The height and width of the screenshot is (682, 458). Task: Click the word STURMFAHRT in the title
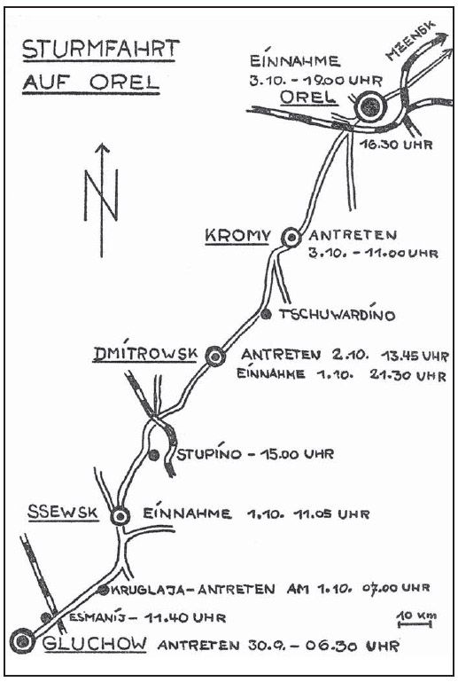coord(100,49)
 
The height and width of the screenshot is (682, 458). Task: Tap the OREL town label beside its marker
coord(309,97)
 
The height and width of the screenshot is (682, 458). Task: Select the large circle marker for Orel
coord(370,106)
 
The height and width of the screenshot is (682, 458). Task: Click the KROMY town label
coord(237,236)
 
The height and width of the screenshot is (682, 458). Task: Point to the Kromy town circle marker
coord(291,238)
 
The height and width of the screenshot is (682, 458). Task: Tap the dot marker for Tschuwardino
coord(267,314)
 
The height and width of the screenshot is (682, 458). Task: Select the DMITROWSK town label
coord(145,354)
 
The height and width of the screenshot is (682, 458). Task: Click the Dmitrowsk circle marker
coord(215,357)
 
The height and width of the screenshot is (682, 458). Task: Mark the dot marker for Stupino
coord(153,455)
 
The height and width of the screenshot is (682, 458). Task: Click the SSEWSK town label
coord(63,513)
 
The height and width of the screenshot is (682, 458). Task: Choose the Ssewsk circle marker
coord(120,516)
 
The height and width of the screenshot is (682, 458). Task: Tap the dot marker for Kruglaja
coord(103,591)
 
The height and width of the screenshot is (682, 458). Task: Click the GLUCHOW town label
coord(95,644)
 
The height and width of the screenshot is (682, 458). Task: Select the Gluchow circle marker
coord(22,640)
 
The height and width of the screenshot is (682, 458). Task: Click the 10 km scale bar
coord(415,624)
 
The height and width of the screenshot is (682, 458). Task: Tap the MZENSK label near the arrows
coord(410,41)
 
